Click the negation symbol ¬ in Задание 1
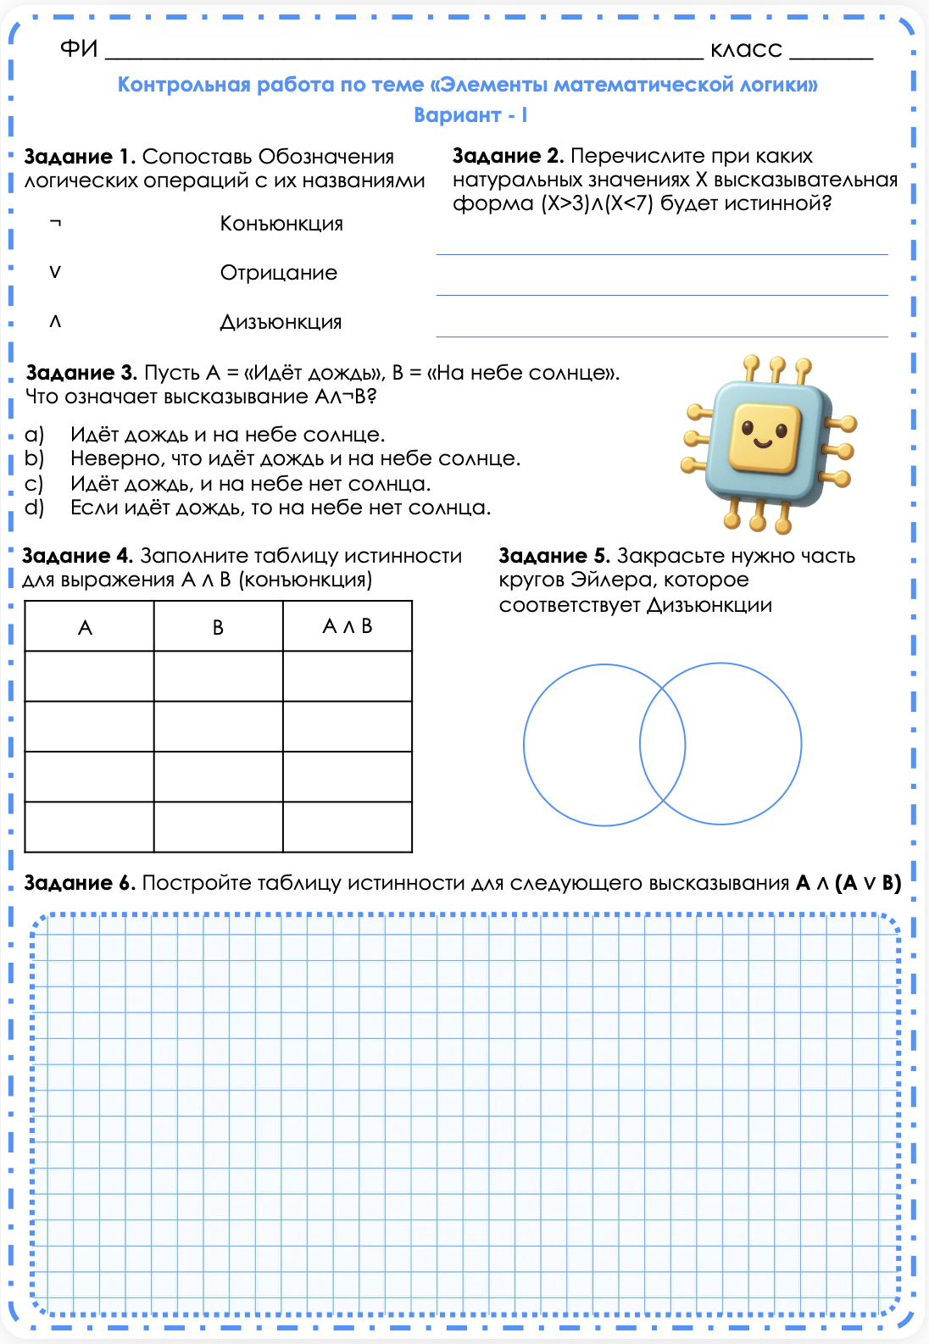pyautogui.click(x=55, y=224)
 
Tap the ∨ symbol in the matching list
pyautogui.click(x=55, y=272)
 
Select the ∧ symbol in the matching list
pyautogui.click(x=55, y=321)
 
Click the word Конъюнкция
pyautogui.click(x=281, y=224)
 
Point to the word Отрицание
pyautogui.click(x=279, y=273)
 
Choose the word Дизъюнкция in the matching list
pyautogui.click(x=281, y=322)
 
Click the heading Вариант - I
pyautogui.click(x=470, y=115)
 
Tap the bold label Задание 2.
pyautogui.click(x=508, y=156)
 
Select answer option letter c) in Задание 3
pyautogui.click(x=34, y=484)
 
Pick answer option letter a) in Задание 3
pyautogui.click(x=34, y=435)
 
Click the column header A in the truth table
pyautogui.click(x=85, y=628)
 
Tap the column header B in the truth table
pyautogui.click(x=218, y=628)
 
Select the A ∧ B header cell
pyautogui.click(x=348, y=627)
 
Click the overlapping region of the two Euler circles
pyautogui.click(x=662, y=745)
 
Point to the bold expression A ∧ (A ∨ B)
pyautogui.click(x=848, y=883)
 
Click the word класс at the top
pyautogui.click(x=746, y=50)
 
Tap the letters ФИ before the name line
pyautogui.click(x=79, y=49)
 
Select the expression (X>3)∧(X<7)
pyautogui.click(x=597, y=204)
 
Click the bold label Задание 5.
pyautogui.click(x=554, y=556)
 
